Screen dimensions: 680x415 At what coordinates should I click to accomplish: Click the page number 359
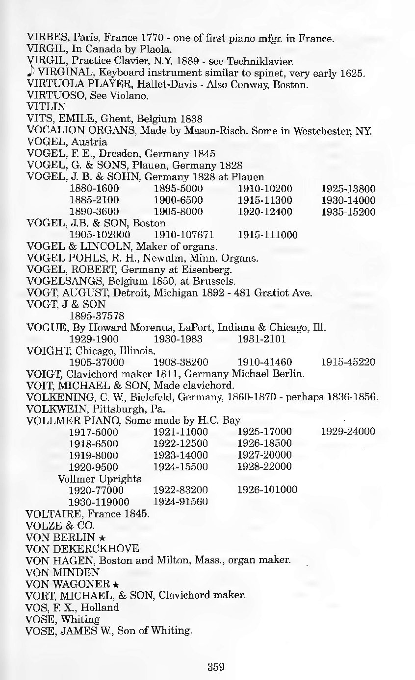pos(215,666)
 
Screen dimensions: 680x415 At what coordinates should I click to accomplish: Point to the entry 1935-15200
pos(348,212)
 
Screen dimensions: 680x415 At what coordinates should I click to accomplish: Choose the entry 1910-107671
pos(181,235)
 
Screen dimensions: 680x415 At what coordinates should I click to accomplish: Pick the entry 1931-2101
pos(261,339)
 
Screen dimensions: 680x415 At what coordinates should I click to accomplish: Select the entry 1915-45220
pos(348,362)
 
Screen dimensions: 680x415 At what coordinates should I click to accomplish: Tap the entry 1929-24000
pos(348,432)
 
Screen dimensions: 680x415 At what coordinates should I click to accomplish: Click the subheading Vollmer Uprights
pos(100,478)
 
